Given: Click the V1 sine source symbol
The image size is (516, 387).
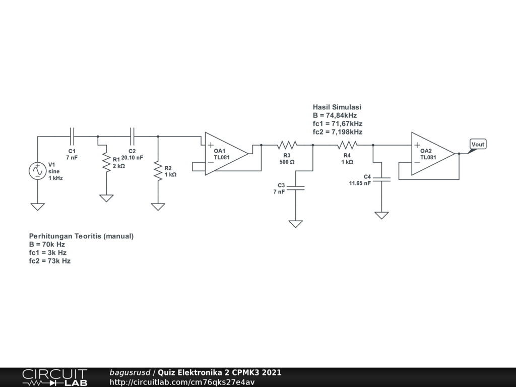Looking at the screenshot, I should coord(38,171).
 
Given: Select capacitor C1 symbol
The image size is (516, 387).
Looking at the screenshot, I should coord(72,136).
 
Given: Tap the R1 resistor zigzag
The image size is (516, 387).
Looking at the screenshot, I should coord(106,161).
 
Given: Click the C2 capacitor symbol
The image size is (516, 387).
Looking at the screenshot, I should coord(133,136).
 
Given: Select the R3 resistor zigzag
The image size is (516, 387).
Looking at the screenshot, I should coord(287,145).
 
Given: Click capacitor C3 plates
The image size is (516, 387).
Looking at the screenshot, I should coord(295,187).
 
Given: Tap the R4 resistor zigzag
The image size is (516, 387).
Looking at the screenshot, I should coord(347,145).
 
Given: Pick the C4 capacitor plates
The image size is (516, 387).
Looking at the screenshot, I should coord(381,179).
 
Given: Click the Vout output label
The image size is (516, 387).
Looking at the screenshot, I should coord(478,145).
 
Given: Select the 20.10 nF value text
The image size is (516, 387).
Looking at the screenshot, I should coord(132,158).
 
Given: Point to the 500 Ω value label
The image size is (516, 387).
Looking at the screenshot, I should coord(287,162).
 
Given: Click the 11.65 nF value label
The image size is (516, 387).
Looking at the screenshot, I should coord(360,183).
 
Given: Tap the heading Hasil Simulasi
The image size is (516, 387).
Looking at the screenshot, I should coord(337,107).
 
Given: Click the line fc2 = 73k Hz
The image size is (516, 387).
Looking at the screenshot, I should coord(49,261).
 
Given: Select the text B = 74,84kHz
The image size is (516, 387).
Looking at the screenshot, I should coord(335,115).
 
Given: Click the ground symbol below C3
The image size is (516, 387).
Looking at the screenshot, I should coord(295,224).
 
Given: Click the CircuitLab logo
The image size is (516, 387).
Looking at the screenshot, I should coord(54,377).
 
